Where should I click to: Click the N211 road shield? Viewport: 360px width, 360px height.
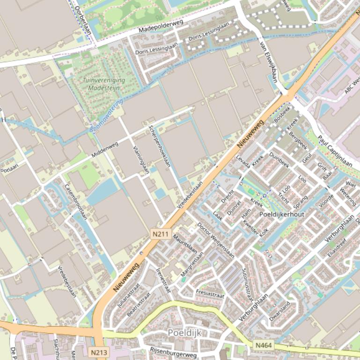[x=160, y=233]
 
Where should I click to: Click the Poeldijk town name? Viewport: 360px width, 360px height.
[x=184, y=333]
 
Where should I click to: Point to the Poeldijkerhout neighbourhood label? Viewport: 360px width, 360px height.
[x=281, y=214]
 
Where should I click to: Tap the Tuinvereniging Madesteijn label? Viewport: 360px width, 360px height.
[x=104, y=84]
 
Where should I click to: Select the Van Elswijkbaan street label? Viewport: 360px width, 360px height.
[x=268, y=62]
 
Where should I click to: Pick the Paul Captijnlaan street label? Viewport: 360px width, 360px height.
[x=335, y=151]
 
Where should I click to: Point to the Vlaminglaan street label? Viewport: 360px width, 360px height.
[x=141, y=159]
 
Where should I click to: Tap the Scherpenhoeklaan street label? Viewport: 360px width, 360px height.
[x=160, y=146]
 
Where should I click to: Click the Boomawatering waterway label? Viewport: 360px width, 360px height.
[x=106, y=115]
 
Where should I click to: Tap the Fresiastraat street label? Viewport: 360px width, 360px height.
[x=210, y=294]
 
